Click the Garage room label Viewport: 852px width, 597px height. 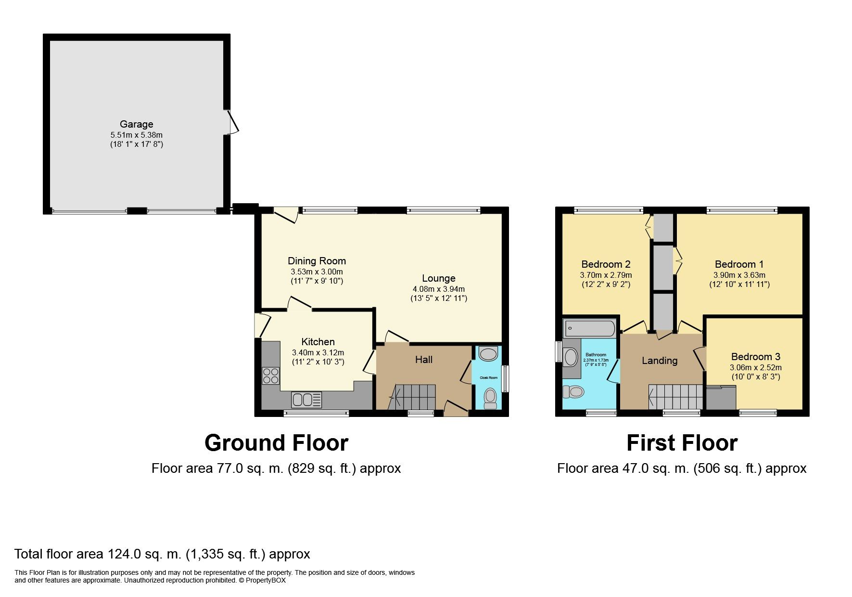[x=136, y=124]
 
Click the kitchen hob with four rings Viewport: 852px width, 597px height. [x=271, y=375]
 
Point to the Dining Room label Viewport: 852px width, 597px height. [x=317, y=261]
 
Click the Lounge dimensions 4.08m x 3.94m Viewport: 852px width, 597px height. [x=438, y=289]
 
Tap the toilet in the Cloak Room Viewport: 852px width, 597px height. [x=490, y=398]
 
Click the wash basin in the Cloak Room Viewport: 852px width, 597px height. [x=488, y=354]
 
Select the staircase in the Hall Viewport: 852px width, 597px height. [x=415, y=397]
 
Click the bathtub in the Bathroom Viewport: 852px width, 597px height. [x=590, y=329]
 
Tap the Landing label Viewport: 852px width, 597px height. [x=659, y=361]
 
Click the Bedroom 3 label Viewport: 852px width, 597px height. [x=755, y=357]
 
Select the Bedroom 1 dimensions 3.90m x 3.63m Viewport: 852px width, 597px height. [x=739, y=275]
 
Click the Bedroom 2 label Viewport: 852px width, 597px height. [x=606, y=264]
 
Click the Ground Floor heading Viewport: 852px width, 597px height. [x=276, y=443]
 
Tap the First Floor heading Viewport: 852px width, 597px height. [x=681, y=443]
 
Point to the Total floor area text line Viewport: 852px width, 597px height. [x=162, y=554]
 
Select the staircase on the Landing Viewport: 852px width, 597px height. [x=676, y=397]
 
